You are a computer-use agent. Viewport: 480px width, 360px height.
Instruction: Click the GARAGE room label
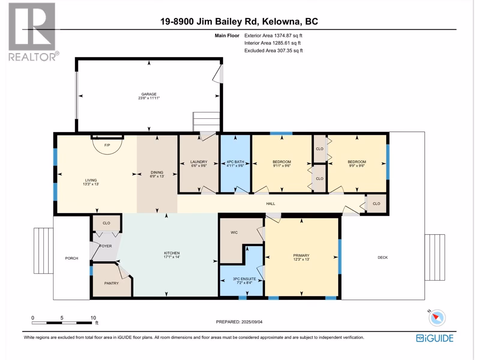click(x=149, y=94)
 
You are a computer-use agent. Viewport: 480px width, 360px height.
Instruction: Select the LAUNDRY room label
click(x=199, y=162)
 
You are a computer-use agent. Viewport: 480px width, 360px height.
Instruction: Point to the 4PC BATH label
click(x=235, y=162)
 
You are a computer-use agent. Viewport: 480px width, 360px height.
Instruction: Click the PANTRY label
click(x=111, y=283)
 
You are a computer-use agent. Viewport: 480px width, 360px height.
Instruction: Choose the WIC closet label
click(x=234, y=232)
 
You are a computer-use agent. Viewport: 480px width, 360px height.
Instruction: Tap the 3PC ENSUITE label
click(x=244, y=279)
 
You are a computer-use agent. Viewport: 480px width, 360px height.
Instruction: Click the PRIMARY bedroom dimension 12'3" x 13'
click(x=301, y=259)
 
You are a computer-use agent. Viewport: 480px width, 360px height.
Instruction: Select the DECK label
click(x=382, y=257)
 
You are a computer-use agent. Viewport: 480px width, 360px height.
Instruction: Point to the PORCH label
click(x=71, y=258)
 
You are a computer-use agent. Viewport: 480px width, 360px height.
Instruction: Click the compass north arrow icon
click(x=437, y=318)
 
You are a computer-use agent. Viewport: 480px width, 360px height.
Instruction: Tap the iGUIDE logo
click(x=435, y=338)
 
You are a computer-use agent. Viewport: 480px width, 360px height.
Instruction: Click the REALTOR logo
click(x=33, y=32)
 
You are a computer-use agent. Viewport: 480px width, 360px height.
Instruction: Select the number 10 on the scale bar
click(x=93, y=318)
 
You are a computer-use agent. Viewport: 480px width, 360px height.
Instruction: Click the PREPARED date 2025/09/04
click(x=252, y=322)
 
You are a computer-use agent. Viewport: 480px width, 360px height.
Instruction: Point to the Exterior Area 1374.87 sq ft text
click(x=273, y=35)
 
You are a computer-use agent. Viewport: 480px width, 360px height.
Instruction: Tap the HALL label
click(x=271, y=203)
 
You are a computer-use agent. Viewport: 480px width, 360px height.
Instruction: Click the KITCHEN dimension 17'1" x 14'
click(x=172, y=257)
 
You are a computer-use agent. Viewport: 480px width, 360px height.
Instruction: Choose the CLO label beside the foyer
click(x=106, y=223)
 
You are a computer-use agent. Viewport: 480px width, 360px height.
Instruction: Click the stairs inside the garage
click(x=206, y=121)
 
